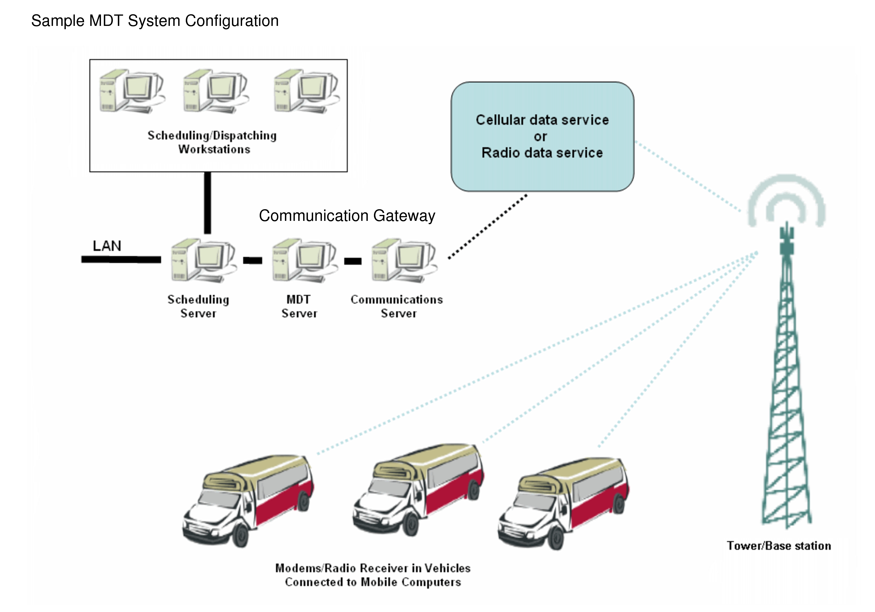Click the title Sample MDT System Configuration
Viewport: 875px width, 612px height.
tap(155, 21)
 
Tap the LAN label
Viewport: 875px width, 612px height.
tap(107, 246)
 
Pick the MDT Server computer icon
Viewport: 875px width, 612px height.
tap(304, 261)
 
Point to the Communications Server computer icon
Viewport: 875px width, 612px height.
tap(404, 261)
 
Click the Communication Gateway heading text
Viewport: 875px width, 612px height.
tap(347, 216)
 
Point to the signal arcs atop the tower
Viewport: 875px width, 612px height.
tap(786, 200)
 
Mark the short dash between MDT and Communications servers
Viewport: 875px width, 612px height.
tap(353, 261)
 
